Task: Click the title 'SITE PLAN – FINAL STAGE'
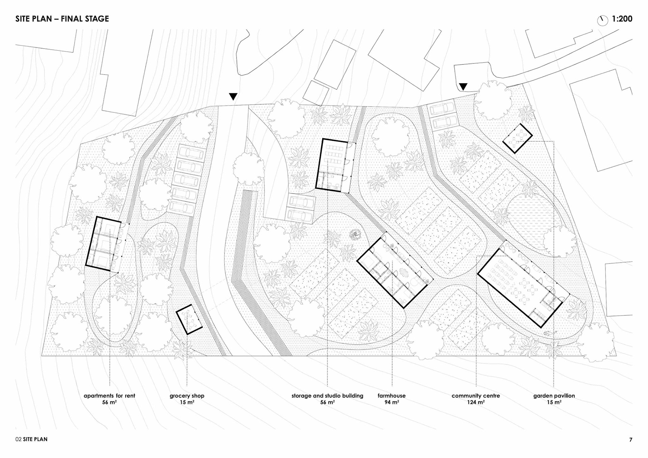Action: coord(62,19)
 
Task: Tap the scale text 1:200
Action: coord(622,19)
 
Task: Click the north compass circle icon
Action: coord(602,21)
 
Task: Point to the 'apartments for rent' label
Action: coord(109,396)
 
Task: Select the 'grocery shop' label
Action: coord(187,396)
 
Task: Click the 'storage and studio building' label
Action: coord(327,396)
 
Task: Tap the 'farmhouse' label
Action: coord(391,396)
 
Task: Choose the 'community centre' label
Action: coord(476,396)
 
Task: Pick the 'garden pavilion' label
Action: coord(554,396)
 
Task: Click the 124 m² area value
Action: coord(476,402)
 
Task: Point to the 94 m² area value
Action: coord(391,402)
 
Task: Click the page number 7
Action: coord(631,439)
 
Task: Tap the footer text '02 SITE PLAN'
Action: coord(31,439)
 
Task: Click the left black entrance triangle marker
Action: coord(233,97)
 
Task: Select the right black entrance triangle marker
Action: coord(463,87)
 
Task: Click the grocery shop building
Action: coord(189,319)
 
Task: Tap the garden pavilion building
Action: coord(517,138)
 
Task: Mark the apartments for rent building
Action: coord(103,243)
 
